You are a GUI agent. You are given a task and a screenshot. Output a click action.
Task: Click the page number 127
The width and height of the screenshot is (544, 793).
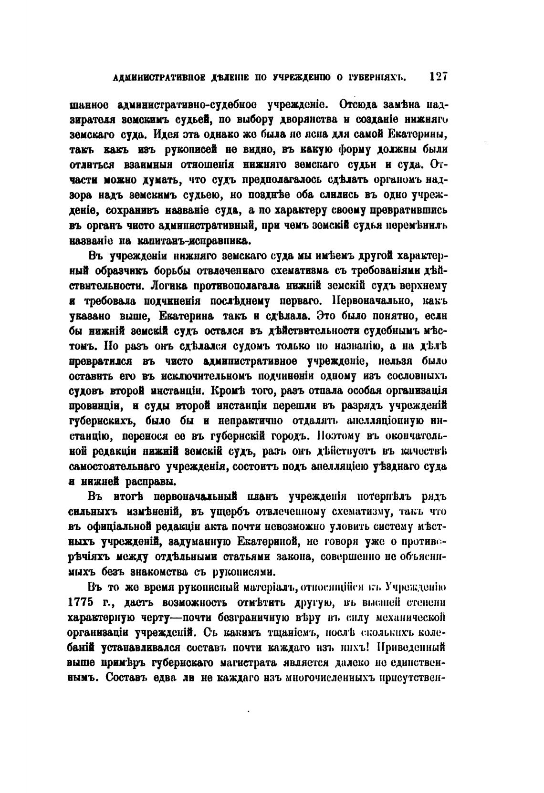click(437, 77)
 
